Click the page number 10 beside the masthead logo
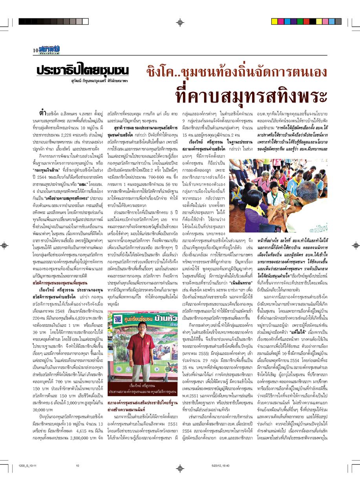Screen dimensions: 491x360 click(36, 50)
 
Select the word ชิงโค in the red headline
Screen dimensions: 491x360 click(162, 71)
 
